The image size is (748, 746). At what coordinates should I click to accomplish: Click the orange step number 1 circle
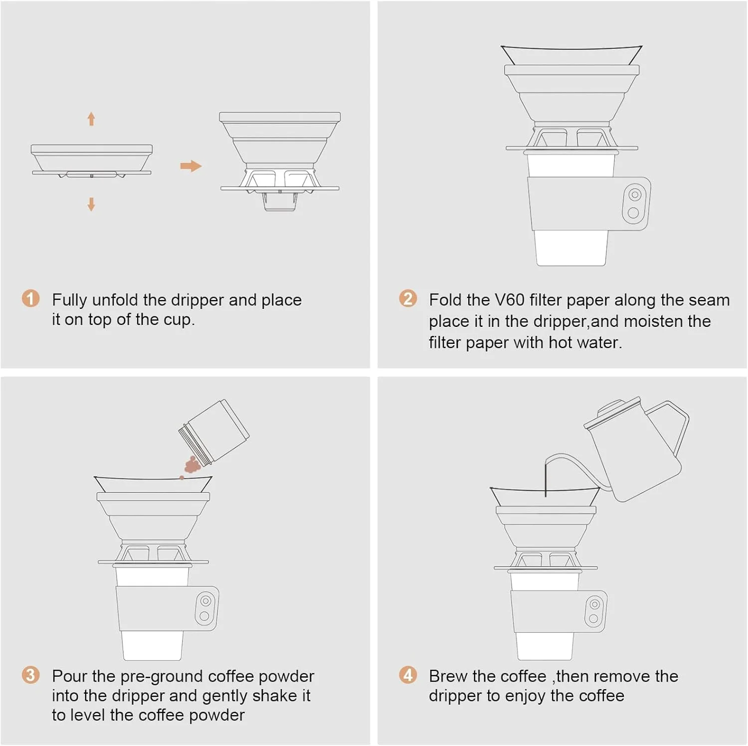coord(30,298)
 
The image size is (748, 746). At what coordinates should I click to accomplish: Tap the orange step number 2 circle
coord(408,298)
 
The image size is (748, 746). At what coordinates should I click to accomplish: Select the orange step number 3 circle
coord(30,675)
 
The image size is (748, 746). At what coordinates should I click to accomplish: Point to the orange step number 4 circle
coord(408,675)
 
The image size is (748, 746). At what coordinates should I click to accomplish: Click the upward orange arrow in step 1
coord(91,119)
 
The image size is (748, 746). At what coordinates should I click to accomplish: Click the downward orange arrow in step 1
coord(91,204)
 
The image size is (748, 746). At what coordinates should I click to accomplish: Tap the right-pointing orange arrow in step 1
coord(191,166)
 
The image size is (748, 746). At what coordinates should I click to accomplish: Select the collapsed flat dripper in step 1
coord(92,161)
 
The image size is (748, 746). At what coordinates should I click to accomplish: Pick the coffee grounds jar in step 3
coord(214,431)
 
